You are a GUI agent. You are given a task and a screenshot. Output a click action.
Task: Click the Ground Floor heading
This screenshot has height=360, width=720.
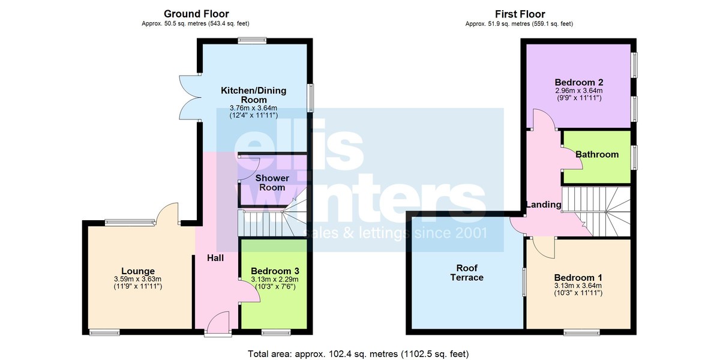pos(196,14)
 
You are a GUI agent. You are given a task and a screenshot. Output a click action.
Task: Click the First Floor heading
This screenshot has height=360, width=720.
pos(520,14)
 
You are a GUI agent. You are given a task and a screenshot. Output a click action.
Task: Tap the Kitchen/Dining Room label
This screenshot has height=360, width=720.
pos(254,95)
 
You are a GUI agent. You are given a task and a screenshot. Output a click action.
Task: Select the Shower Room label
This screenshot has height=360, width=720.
pos(272,182)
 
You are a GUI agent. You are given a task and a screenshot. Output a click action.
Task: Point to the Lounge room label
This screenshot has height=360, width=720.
pos(138,271)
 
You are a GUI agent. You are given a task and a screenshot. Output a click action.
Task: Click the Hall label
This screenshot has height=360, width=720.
pos(215,258)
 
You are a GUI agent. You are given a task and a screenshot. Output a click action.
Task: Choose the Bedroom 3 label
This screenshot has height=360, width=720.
pos(275,271)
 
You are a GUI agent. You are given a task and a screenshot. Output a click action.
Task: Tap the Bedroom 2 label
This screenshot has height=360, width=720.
pos(579,82)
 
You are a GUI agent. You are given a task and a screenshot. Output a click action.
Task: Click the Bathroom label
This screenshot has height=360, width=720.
pos(597,155)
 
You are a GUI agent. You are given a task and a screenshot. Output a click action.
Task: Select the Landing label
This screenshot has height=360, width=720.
pos(544,205)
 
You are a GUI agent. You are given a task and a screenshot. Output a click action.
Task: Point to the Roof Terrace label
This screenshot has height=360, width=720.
pos(467,272)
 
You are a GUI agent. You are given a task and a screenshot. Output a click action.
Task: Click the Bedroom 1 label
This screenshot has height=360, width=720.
pos(578,277)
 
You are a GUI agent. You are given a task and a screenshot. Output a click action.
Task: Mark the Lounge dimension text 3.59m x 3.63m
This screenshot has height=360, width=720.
pos(137,279)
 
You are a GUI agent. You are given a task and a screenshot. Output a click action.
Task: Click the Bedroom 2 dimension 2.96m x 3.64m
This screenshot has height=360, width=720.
pos(579,91)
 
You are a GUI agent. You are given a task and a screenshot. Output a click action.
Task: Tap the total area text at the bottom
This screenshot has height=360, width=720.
pos(358,354)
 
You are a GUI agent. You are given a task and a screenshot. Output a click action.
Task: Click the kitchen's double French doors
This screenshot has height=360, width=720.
pos(190,98)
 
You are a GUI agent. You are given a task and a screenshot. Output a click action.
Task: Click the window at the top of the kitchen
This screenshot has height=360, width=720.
pos(253,41)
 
